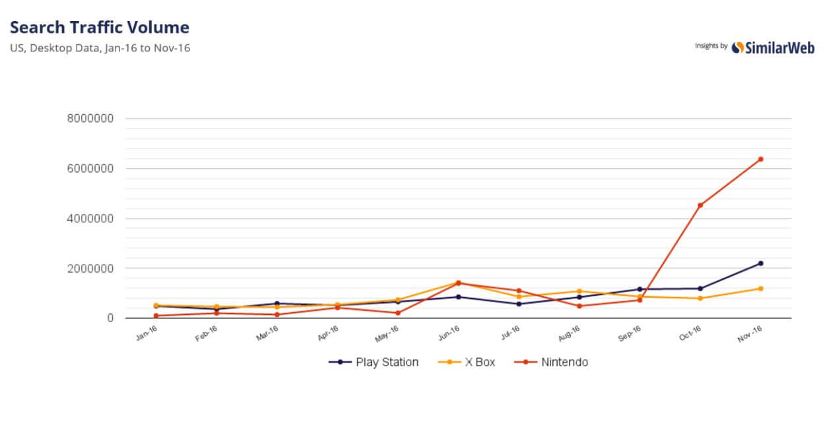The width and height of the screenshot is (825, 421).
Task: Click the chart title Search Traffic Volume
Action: pos(100,28)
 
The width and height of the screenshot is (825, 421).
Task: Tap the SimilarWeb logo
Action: pos(773,47)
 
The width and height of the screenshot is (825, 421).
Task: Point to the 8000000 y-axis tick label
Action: pos(90,119)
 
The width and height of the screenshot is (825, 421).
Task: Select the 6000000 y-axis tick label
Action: pos(90,169)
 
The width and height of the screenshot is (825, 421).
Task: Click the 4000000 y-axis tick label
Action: pos(90,218)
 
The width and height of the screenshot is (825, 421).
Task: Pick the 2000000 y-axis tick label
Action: pos(90,269)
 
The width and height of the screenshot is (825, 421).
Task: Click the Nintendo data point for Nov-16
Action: pos(760,159)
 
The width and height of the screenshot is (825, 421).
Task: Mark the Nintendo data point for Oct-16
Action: pos(700,205)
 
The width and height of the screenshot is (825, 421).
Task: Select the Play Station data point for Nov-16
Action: pos(760,263)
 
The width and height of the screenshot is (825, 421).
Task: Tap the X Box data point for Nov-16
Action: pos(760,288)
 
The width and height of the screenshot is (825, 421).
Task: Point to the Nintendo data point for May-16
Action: pos(398,313)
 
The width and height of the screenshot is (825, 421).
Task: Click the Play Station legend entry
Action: pos(374,362)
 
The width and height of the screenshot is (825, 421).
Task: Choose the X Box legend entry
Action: pos(467,362)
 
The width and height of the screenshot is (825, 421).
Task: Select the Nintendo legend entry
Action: pos(552,362)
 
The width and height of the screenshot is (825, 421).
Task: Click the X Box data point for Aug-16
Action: pos(579,291)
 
